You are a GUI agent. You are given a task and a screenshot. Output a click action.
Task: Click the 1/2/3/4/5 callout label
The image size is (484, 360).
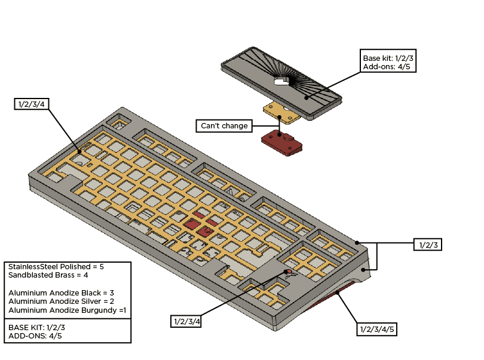(378, 329)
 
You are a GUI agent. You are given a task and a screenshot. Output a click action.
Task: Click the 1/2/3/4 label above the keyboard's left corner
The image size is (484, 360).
(32, 104)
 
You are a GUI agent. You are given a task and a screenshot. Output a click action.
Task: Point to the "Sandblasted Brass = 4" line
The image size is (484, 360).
(48, 275)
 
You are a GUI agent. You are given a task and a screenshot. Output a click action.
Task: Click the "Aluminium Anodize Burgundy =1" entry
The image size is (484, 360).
(66, 310)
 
